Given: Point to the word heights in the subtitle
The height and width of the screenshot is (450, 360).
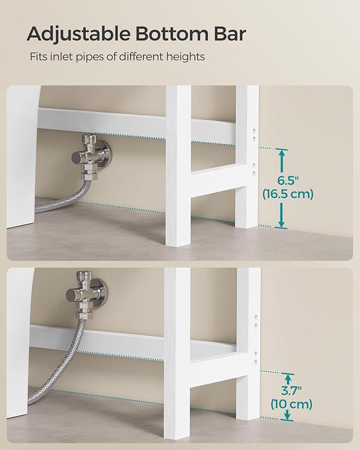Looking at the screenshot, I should [185, 56].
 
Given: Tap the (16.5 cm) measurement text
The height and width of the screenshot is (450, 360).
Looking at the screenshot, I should [288, 194].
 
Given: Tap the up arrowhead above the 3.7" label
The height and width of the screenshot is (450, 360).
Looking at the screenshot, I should [288, 377].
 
